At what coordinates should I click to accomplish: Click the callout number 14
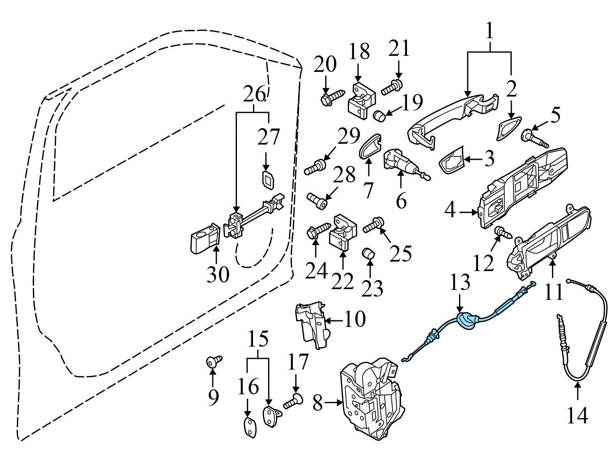[577, 416]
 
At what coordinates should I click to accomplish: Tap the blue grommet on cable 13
[466, 320]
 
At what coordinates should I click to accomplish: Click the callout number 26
[253, 95]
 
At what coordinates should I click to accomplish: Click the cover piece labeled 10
[312, 324]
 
